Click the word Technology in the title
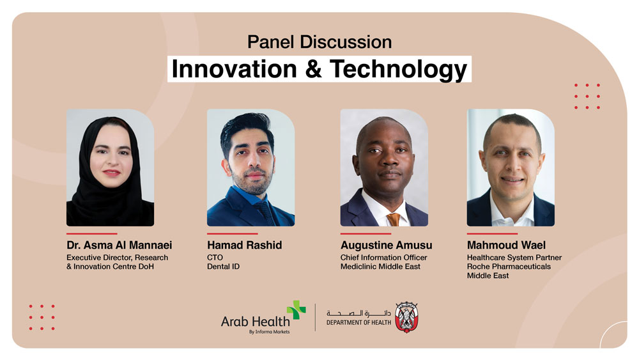pos(398,69)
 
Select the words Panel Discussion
pos(319,42)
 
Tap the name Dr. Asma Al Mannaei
pos(119,245)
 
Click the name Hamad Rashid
pos(245,245)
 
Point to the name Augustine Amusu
pos(387,246)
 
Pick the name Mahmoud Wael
pos(506,245)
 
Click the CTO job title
pos(215,258)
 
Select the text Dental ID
pos(223,267)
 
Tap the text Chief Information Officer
pos(384,258)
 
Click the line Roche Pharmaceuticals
pos(509,267)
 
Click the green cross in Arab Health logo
pos(296,310)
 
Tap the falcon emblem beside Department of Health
pos(406,317)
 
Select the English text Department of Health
pos(358,322)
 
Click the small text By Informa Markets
pos(270,332)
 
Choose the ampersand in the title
pos(313,69)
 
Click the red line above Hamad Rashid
pos(233,233)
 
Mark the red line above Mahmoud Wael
pos(492,233)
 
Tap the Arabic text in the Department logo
pos(358,313)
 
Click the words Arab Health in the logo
pos(255,322)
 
